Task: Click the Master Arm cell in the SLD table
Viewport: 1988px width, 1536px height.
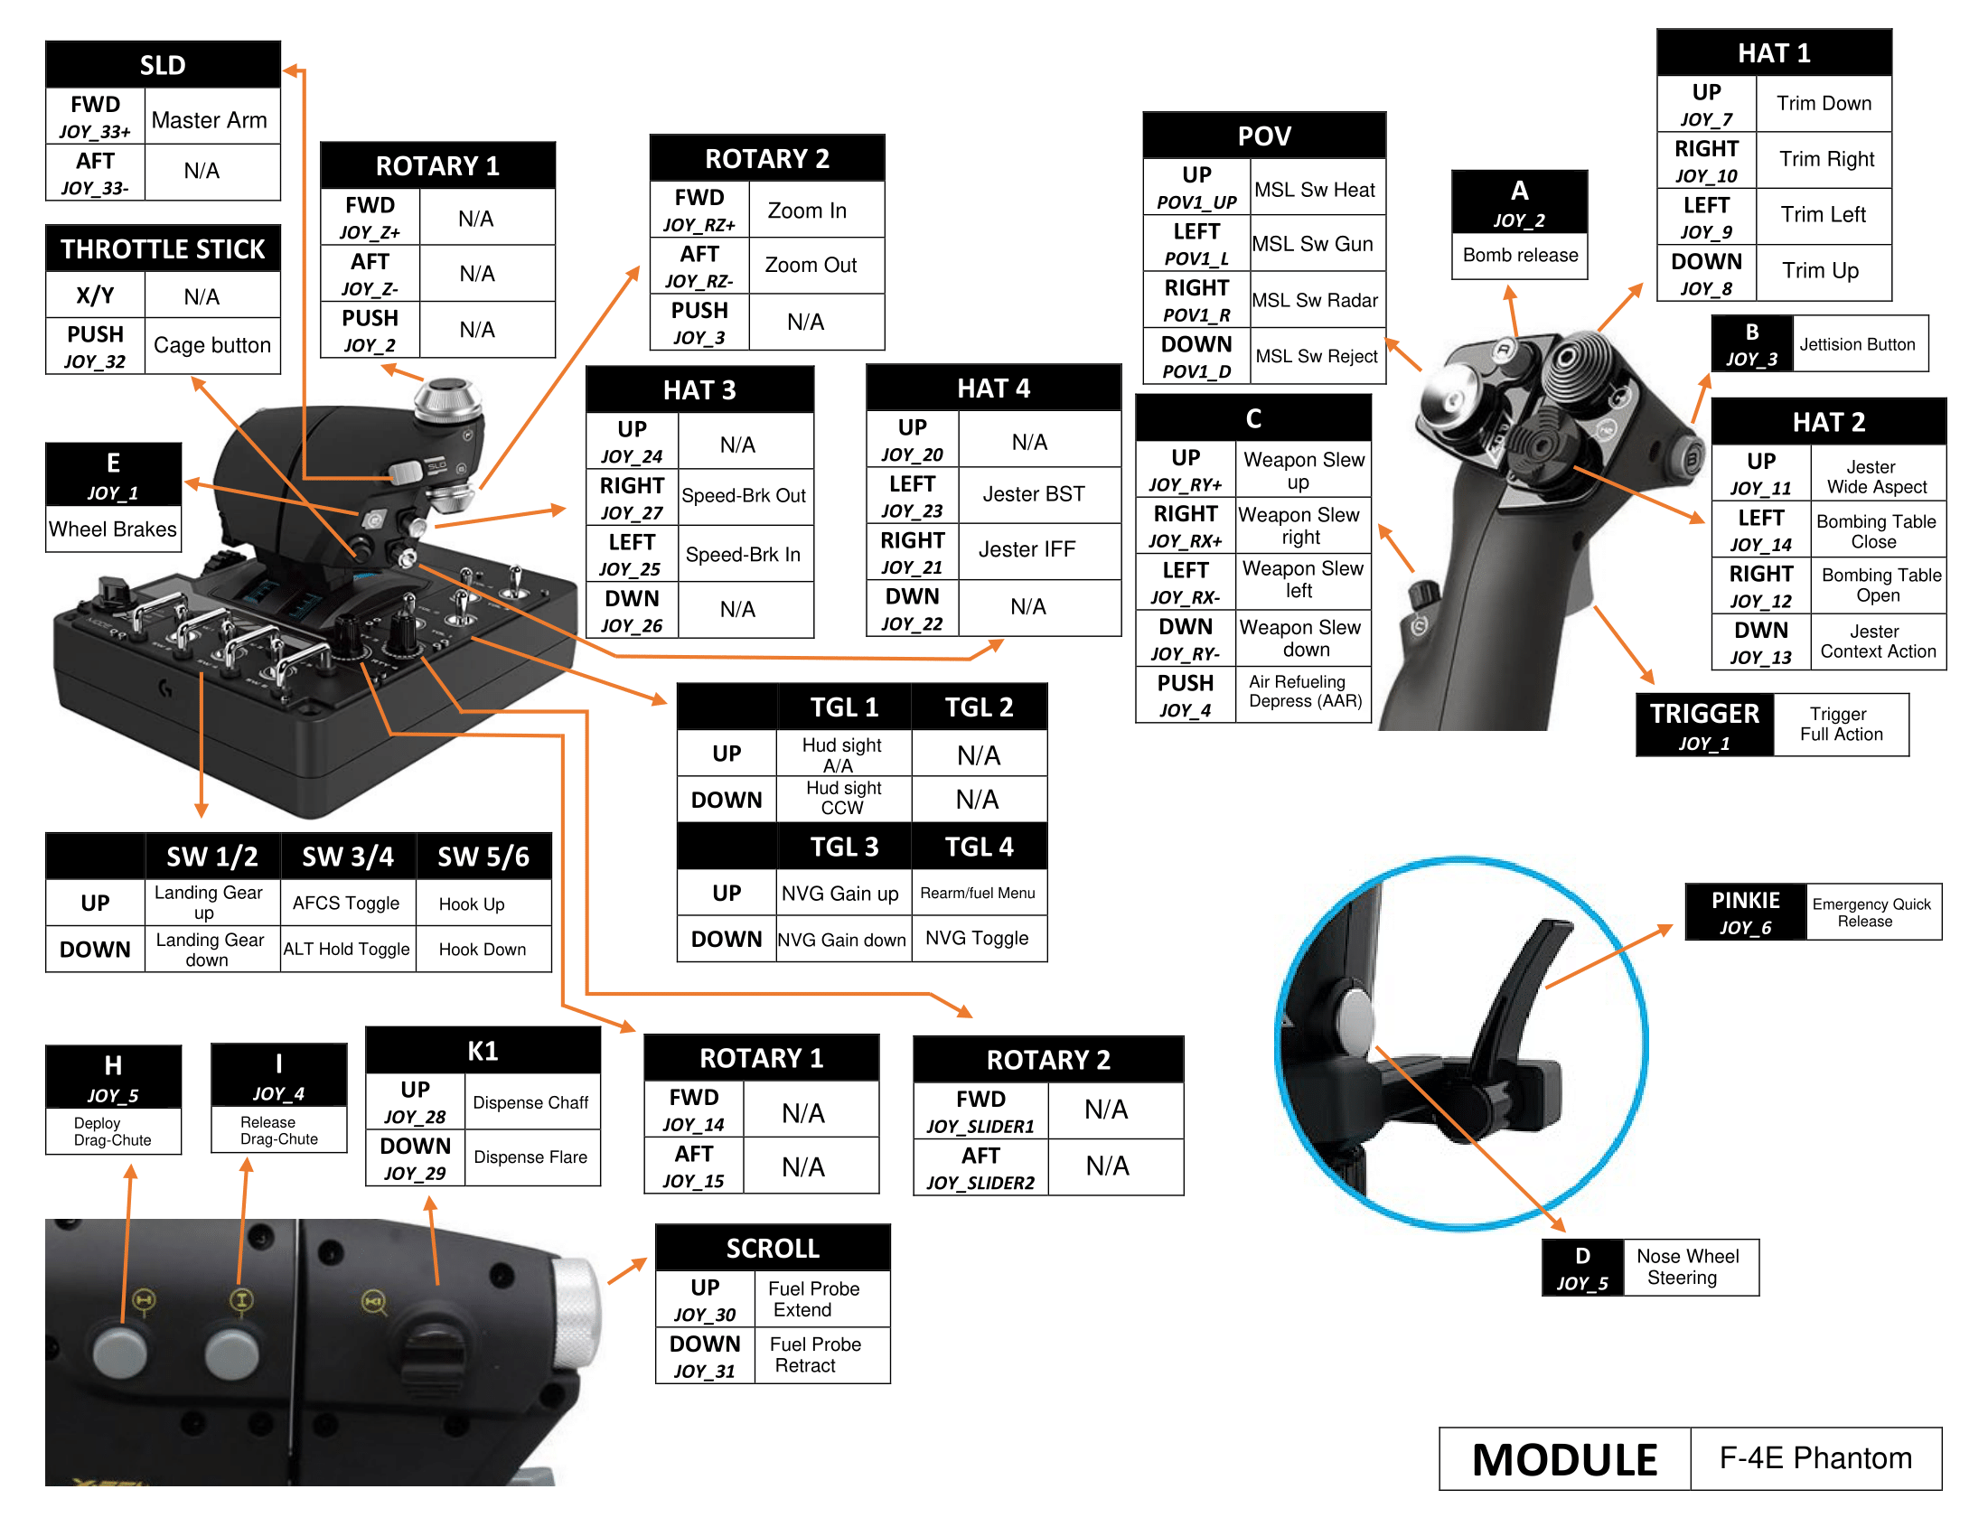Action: (211, 120)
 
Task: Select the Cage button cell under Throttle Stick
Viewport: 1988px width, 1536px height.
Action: (212, 345)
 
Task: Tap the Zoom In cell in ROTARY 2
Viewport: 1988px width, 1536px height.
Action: (807, 211)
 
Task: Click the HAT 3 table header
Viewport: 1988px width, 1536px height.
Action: (699, 389)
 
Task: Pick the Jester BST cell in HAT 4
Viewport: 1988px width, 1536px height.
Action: (1034, 494)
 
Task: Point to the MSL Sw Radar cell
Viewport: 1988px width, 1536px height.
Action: (1316, 300)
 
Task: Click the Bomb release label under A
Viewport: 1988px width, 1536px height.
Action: (1519, 256)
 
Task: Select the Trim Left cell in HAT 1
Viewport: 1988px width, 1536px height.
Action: (1823, 215)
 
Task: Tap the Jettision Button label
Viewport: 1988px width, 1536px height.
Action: (1857, 344)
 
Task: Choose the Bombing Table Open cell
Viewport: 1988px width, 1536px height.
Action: (1878, 585)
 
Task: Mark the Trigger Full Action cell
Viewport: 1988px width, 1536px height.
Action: (1841, 725)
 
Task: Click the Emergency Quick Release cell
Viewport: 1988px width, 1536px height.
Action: (1871, 912)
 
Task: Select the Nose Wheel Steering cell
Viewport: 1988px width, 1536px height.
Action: (1687, 1267)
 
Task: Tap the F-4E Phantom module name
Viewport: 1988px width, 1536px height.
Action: (1815, 1457)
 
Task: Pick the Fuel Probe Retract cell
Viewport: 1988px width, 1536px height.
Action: (815, 1355)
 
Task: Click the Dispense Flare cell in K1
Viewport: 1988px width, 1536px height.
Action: (530, 1157)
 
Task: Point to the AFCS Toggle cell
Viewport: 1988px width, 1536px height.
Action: (346, 903)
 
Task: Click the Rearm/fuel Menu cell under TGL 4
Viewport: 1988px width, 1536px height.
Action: (978, 893)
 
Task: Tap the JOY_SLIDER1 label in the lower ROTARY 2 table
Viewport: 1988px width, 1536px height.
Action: (980, 1127)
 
